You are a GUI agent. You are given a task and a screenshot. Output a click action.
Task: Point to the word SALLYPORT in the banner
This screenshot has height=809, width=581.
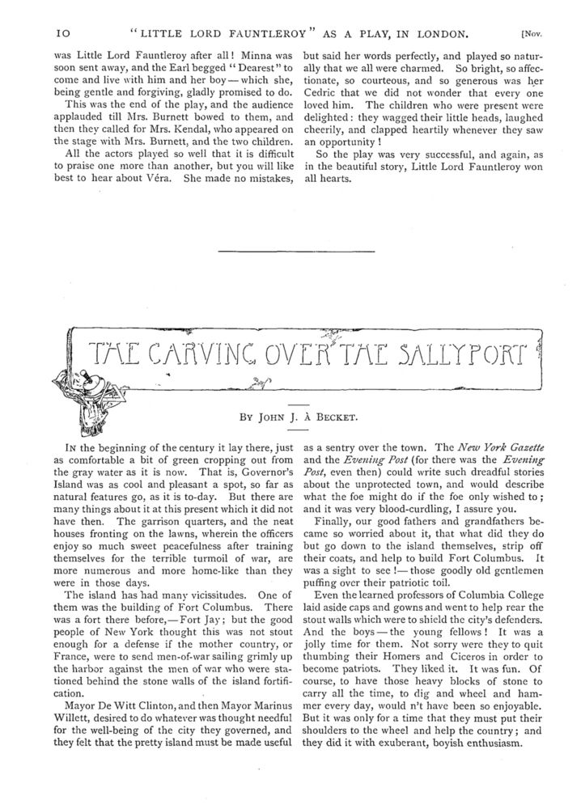[457, 354]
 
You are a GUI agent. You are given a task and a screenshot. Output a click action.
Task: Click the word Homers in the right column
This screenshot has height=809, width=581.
[418, 688]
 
